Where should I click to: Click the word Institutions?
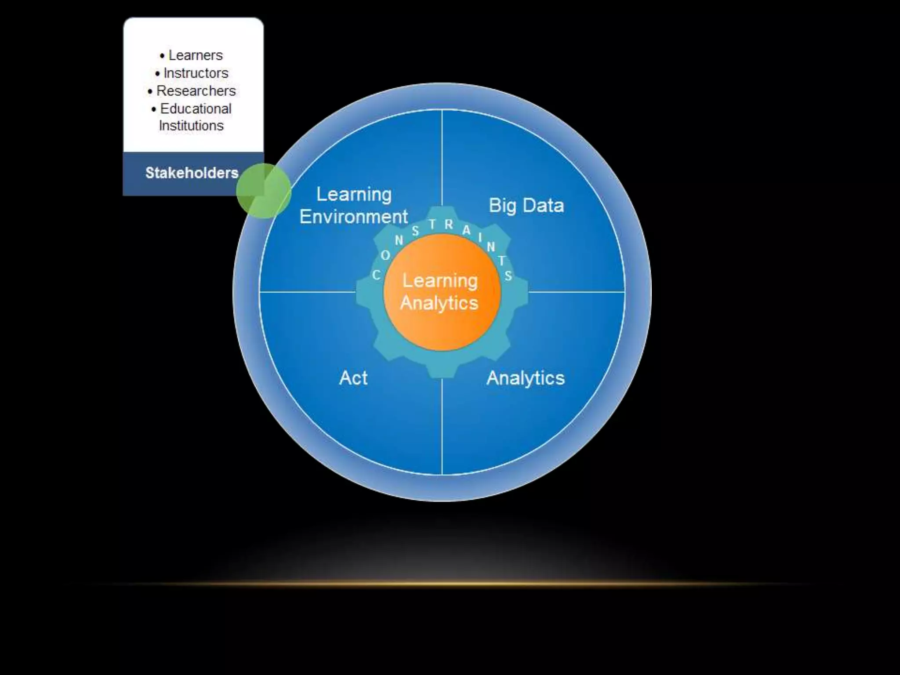coord(191,126)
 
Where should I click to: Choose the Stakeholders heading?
coord(192,173)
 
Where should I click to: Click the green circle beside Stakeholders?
coord(264,191)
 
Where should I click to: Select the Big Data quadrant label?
coord(526,206)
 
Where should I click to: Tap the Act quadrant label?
coord(353,378)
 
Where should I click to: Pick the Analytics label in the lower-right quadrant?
coord(525,378)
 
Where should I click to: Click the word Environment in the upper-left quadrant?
coord(354,217)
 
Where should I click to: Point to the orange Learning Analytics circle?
coord(442,292)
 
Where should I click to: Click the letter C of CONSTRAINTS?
coord(376,275)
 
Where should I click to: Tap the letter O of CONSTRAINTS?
coord(385,255)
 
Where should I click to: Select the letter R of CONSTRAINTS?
coord(449,225)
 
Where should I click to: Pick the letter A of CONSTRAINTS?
coord(466,230)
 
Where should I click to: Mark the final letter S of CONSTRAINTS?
coord(508,276)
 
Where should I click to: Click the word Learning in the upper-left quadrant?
coord(354,194)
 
